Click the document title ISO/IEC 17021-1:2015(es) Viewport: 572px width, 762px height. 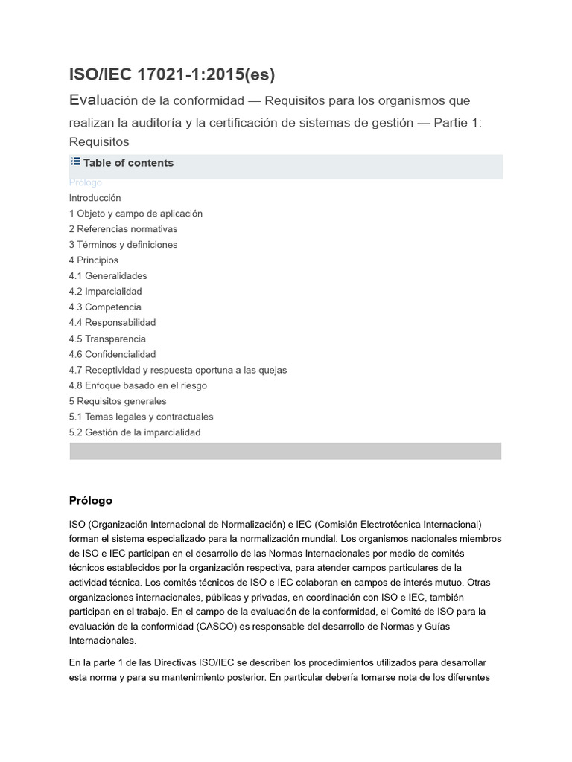pyautogui.click(x=172, y=74)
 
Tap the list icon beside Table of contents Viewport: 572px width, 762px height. pyautogui.click(x=75, y=162)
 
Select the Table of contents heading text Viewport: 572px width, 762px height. pyautogui.click(x=128, y=163)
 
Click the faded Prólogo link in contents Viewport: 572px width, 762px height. pyautogui.click(x=86, y=182)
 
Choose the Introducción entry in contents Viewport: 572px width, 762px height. pyautogui.click(x=95, y=198)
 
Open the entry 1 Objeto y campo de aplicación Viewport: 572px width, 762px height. pyautogui.click(x=136, y=214)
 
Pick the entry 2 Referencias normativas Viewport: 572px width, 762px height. pyautogui.click(x=123, y=229)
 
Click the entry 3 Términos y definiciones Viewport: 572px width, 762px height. pyautogui.click(x=123, y=245)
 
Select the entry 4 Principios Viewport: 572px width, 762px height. pyautogui.click(x=94, y=260)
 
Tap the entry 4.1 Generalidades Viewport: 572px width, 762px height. pyautogui.click(x=108, y=276)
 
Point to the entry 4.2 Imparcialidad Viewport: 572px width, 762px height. pyautogui.click(x=105, y=292)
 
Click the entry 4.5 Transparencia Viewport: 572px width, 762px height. pyautogui.click(x=107, y=339)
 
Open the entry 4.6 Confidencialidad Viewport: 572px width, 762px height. pyautogui.click(x=112, y=355)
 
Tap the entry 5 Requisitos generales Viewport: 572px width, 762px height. pyautogui.click(x=118, y=402)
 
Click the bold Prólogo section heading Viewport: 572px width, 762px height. pyautogui.click(x=91, y=501)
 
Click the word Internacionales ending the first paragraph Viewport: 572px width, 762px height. pyautogui.click(x=103, y=640)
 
